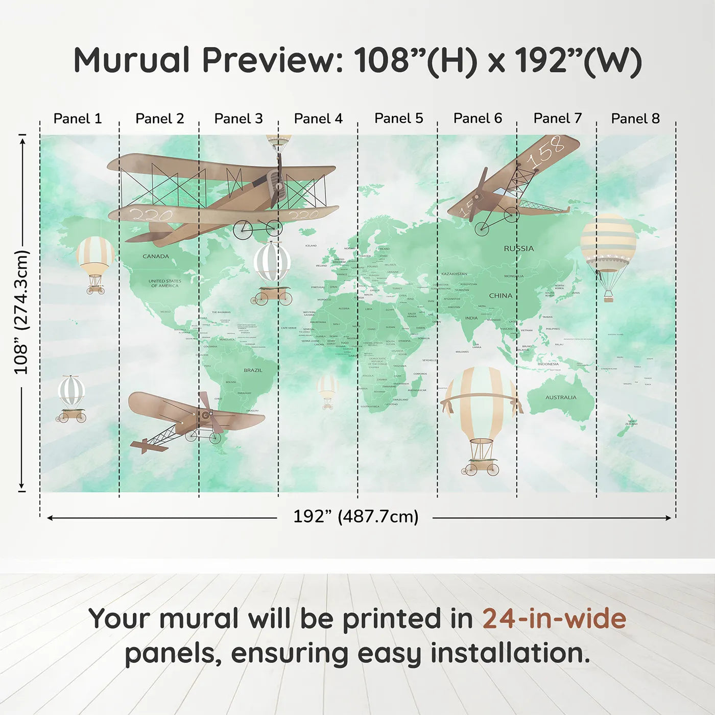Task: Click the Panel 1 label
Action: pos(78,118)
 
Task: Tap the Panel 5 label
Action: pos(398,118)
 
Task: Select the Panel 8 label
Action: pos(635,118)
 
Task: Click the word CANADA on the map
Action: pos(156,256)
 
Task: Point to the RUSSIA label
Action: pos(519,249)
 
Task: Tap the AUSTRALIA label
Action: pos(561,397)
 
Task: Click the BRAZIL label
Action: pos(253,370)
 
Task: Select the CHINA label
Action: pos(500,296)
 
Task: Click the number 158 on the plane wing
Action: pos(545,152)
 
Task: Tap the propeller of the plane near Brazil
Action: pos(209,414)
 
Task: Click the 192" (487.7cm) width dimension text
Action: pos(355,517)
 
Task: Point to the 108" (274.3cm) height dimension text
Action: pos(21,312)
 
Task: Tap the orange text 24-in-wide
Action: pos(554,619)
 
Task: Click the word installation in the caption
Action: pos(510,653)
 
